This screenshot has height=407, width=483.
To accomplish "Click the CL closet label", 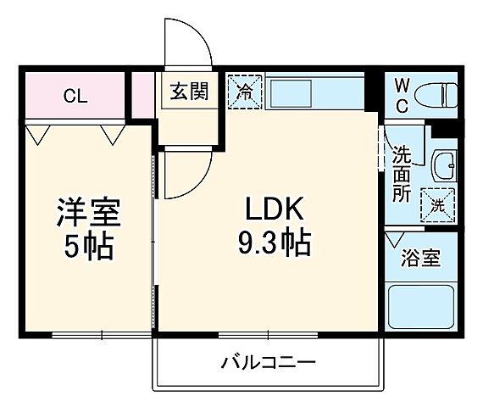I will click(x=75, y=95).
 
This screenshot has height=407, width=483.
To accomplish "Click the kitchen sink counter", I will click(x=314, y=92).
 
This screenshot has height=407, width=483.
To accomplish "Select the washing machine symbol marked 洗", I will click(x=438, y=203).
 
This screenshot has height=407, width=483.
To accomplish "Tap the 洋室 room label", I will click(x=89, y=209).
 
